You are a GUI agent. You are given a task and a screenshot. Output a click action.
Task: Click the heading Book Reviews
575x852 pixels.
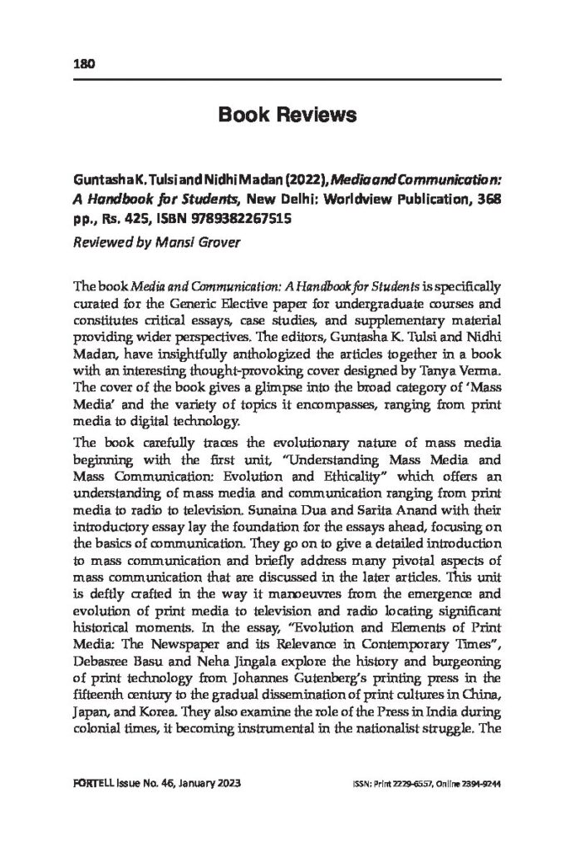point(287,116)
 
